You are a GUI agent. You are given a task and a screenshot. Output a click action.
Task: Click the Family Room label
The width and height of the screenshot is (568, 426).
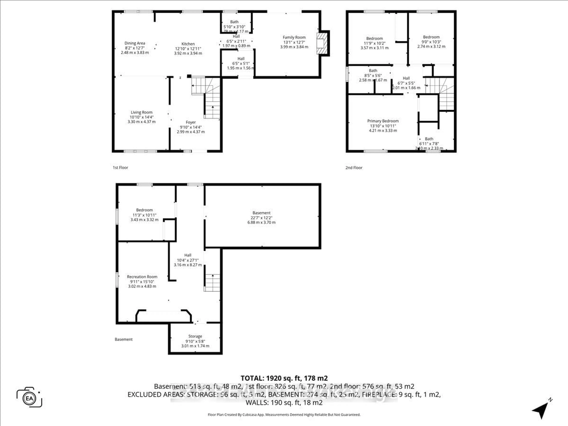coord(294,37)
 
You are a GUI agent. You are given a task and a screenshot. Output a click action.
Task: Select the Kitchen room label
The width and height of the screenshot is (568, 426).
coord(188,44)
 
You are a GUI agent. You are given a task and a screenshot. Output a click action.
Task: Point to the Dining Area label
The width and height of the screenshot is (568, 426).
coord(135,43)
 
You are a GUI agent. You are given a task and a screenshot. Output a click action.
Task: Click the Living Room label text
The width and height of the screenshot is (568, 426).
coord(142,112)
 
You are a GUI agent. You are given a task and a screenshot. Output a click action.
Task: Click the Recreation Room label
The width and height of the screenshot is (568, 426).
coord(142,277)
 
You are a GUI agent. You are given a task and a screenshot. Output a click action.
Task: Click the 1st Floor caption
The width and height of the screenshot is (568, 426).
coord(120,167)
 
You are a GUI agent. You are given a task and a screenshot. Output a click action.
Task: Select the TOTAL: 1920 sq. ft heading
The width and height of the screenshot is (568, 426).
coord(284,378)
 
